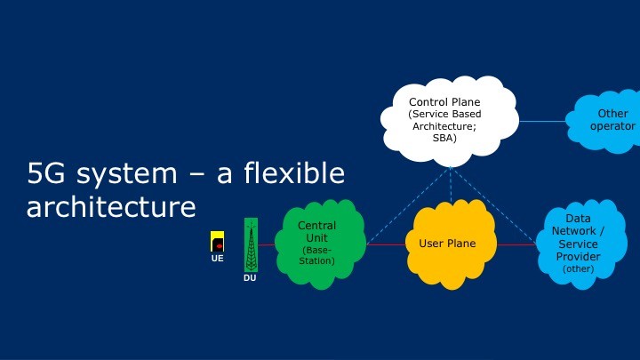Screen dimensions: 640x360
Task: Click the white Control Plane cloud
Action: (450, 121)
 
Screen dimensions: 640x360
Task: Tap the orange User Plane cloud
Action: (451, 244)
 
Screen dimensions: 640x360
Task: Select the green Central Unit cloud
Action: (320, 244)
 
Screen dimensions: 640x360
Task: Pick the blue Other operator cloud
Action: (604, 121)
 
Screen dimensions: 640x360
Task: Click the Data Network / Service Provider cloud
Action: (581, 244)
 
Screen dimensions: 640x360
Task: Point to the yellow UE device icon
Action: (217, 241)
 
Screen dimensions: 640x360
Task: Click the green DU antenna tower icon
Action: (251, 245)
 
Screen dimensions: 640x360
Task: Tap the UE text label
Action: (217, 258)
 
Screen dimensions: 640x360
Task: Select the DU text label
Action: (250, 277)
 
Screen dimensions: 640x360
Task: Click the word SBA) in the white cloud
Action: (444, 138)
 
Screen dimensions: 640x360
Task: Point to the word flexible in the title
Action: (294, 173)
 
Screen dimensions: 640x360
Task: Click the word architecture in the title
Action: (111, 206)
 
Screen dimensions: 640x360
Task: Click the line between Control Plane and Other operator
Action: (542, 121)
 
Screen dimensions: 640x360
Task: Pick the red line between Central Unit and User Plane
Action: (386, 244)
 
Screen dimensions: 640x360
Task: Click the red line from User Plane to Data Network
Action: (516, 244)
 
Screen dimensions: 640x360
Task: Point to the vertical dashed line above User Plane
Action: (451, 185)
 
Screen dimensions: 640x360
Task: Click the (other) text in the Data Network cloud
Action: (579, 269)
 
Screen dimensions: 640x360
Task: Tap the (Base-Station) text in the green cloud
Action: (316, 255)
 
